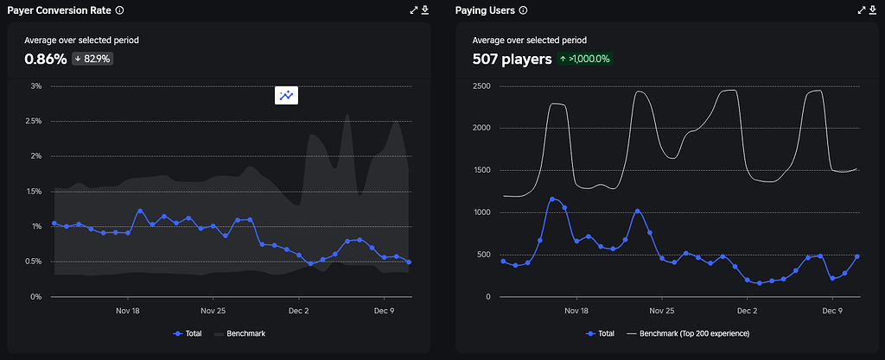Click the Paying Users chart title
click(x=485, y=10)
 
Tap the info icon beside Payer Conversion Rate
click(x=119, y=10)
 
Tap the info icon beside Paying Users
click(x=523, y=10)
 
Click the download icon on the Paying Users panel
click(x=873, y=10)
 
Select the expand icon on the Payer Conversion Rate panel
click(x=413, y=10)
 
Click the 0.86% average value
click(x=46, y=60)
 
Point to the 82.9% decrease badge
click(x=92, y=59)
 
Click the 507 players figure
click(x=512, y=60)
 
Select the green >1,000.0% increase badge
click(x=586, y=59)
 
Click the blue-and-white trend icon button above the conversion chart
click(x=286, y=96)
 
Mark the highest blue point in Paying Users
click(x=551, y=199)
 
